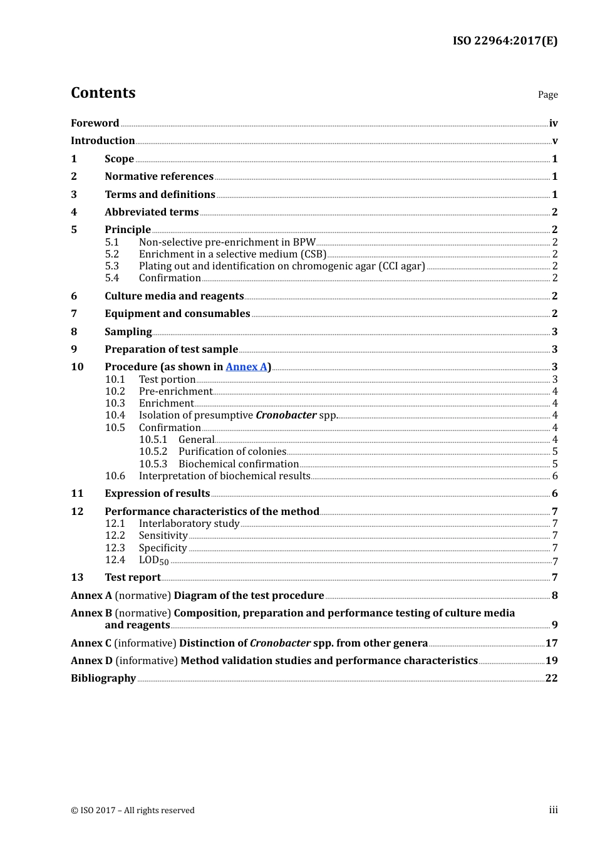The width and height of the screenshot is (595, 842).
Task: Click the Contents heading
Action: [103, 93]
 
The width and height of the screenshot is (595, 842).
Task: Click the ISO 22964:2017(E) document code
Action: [505, 41]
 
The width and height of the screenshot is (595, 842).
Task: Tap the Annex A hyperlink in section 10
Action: [246, 367]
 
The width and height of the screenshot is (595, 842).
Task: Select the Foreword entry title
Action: [95, 123]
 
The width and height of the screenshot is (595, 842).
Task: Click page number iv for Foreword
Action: [553, 123]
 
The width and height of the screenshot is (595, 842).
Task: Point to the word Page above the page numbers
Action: [547, 95]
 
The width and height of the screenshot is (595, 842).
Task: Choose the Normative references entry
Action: [159, 177]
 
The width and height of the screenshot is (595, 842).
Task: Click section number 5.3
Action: [112, 266]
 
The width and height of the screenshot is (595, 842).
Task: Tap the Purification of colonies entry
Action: [232, 452]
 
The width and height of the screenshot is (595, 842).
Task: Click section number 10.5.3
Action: [153, 464]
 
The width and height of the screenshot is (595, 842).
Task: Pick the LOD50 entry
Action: [153, 561]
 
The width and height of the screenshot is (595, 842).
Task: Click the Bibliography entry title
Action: [103, 678]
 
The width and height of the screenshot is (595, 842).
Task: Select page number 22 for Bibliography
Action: [551, 678]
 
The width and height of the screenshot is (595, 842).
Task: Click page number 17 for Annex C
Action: [551, 643]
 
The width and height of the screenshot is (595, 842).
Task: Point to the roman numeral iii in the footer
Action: [553, 810]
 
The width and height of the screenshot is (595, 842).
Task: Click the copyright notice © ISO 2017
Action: [132, 811]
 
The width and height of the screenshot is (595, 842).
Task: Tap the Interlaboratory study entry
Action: [189, 524]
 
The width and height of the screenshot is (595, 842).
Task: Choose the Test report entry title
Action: [133, 578]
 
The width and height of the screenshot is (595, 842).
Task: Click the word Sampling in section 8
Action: [128, 332]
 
